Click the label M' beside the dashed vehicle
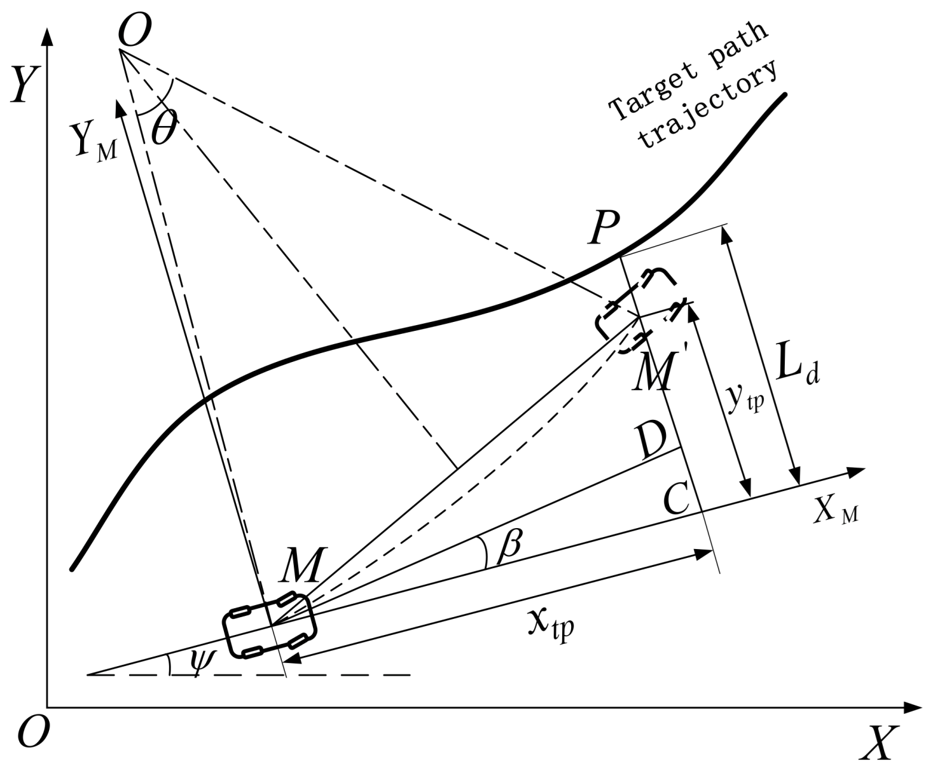655,372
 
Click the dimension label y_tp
745,399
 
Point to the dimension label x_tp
551,625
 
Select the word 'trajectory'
708,105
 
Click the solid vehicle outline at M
269,625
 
